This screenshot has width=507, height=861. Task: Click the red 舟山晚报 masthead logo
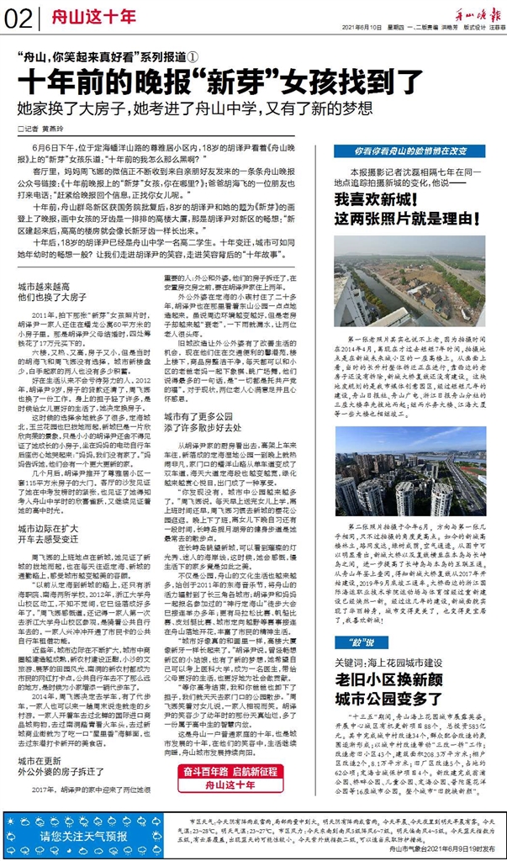click(x=478, y=14)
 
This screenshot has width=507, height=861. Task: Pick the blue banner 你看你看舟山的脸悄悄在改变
click(x=409, y=151)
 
